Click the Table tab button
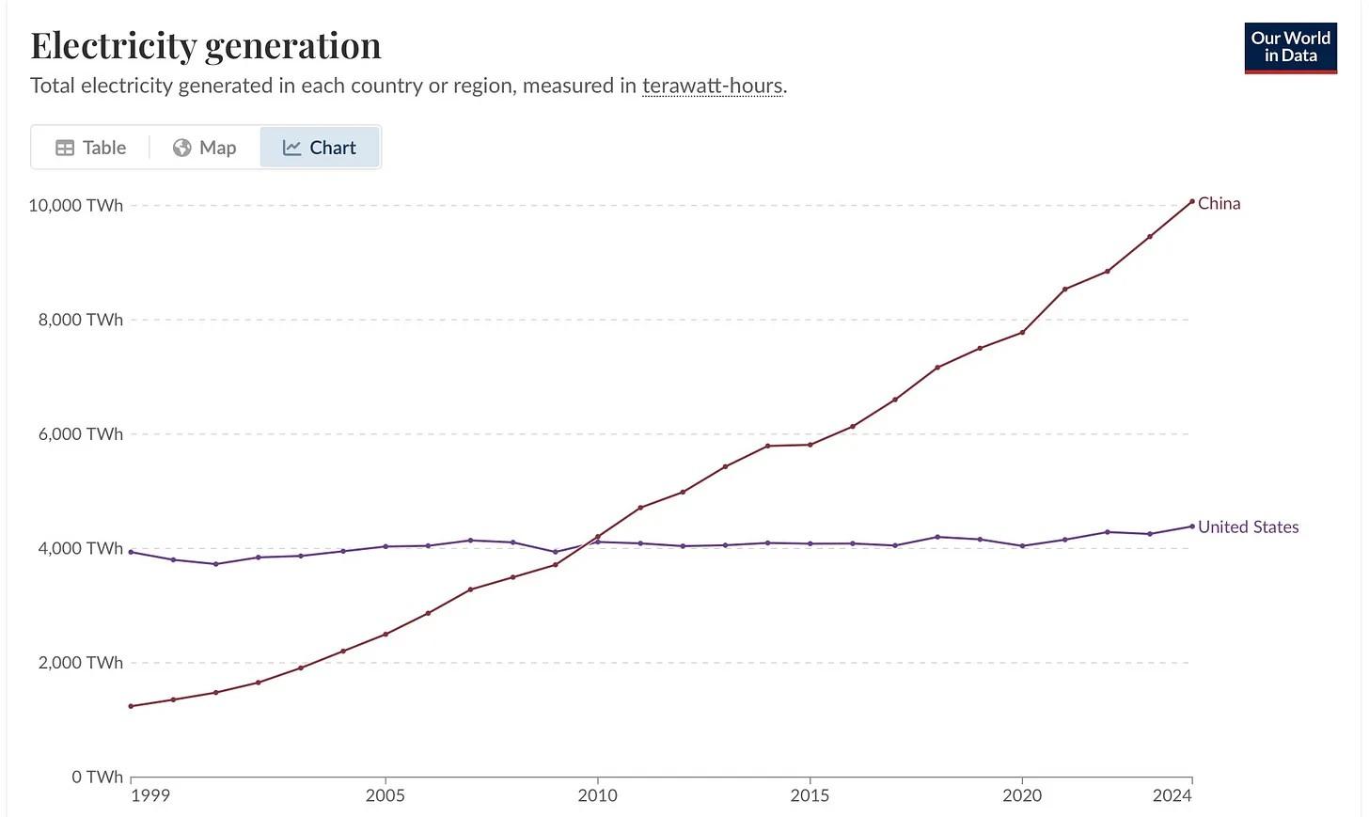[91, 148]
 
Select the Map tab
[205, 148]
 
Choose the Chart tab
[320, 148]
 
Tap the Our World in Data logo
[1290, 47]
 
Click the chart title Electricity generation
[206, 45]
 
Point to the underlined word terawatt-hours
[712, 86]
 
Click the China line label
[1219, 203]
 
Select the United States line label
[1248, 527]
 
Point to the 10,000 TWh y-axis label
[76, 205]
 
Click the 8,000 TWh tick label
[81, 320]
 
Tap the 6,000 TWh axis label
[81, 434]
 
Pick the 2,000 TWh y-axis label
[81, 663]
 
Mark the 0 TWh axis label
[98, 777]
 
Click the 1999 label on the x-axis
[150, 795]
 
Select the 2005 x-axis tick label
[385, 795]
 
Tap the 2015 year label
[810, 795]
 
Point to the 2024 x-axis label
[1172, 795]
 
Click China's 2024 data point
[1192, 201]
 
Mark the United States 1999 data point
[131, 552]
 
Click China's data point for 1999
[131, 706]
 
